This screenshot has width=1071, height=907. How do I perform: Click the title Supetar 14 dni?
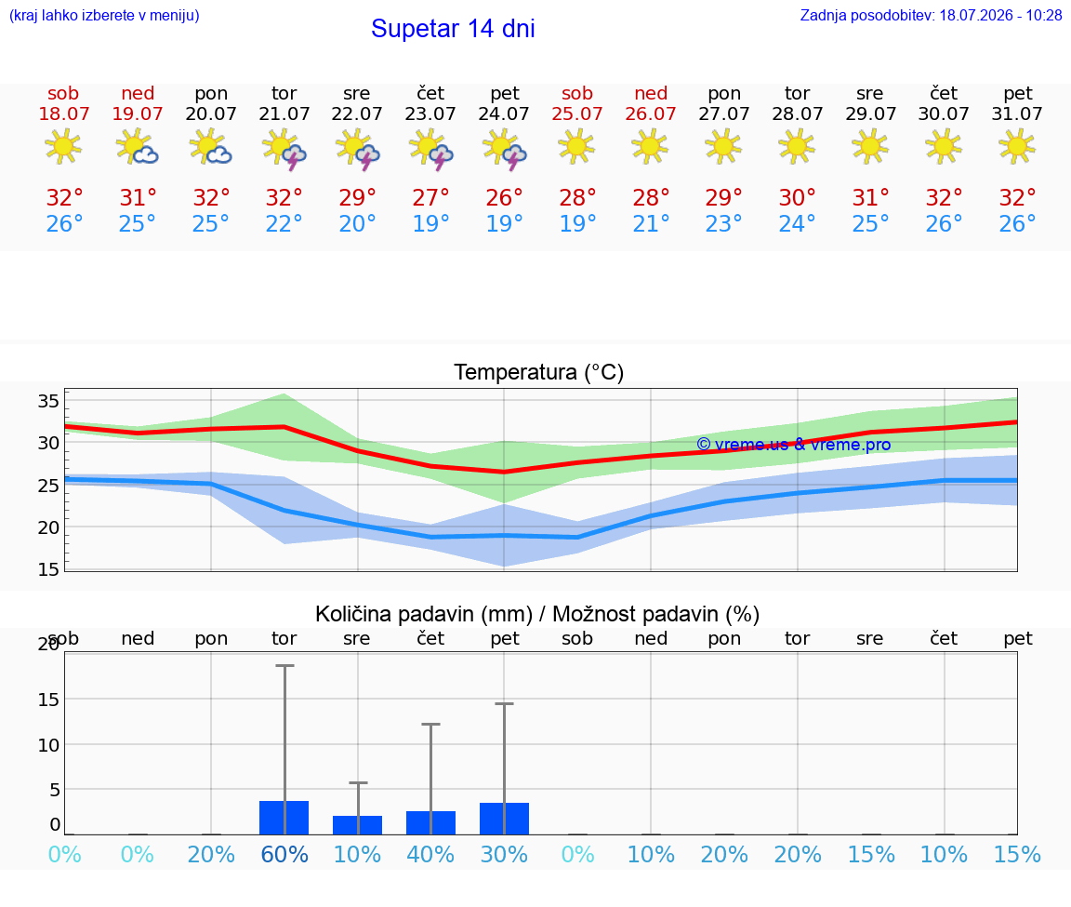[x=453, y=29]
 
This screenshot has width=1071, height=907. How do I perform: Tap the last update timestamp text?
[x=931, y=15]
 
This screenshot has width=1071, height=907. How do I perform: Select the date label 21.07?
[x=284, y=113]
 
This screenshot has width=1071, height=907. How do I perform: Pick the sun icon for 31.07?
[x=1017, y=146]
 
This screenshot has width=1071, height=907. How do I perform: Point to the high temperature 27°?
[x=430, y=197]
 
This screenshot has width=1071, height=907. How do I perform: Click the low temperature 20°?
[x=357, y=223]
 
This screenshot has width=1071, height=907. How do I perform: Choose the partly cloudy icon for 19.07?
[x=138, y=147]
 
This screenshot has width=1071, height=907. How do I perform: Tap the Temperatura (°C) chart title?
[x=539, y=372]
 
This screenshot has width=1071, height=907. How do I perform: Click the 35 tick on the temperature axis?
[x=48, y=401]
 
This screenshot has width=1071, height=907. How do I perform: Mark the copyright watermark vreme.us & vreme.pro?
[x=794, y=445]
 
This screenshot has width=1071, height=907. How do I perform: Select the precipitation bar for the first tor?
[x=284, y=818]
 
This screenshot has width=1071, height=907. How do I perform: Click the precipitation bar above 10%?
[x=357, y=825]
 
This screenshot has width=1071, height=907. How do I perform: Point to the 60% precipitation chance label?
[x=284, y=854]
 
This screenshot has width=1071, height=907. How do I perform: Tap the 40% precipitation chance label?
[x=430, y=854]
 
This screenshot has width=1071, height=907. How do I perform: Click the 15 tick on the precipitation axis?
[x=48, y=700]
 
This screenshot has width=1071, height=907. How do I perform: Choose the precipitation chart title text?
[x=537, y=615]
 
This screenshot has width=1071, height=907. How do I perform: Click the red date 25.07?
[x=577, y=113]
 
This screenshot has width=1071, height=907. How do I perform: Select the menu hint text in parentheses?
[x=104, y=15]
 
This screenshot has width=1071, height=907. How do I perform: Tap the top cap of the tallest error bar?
[x=284, y=665]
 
